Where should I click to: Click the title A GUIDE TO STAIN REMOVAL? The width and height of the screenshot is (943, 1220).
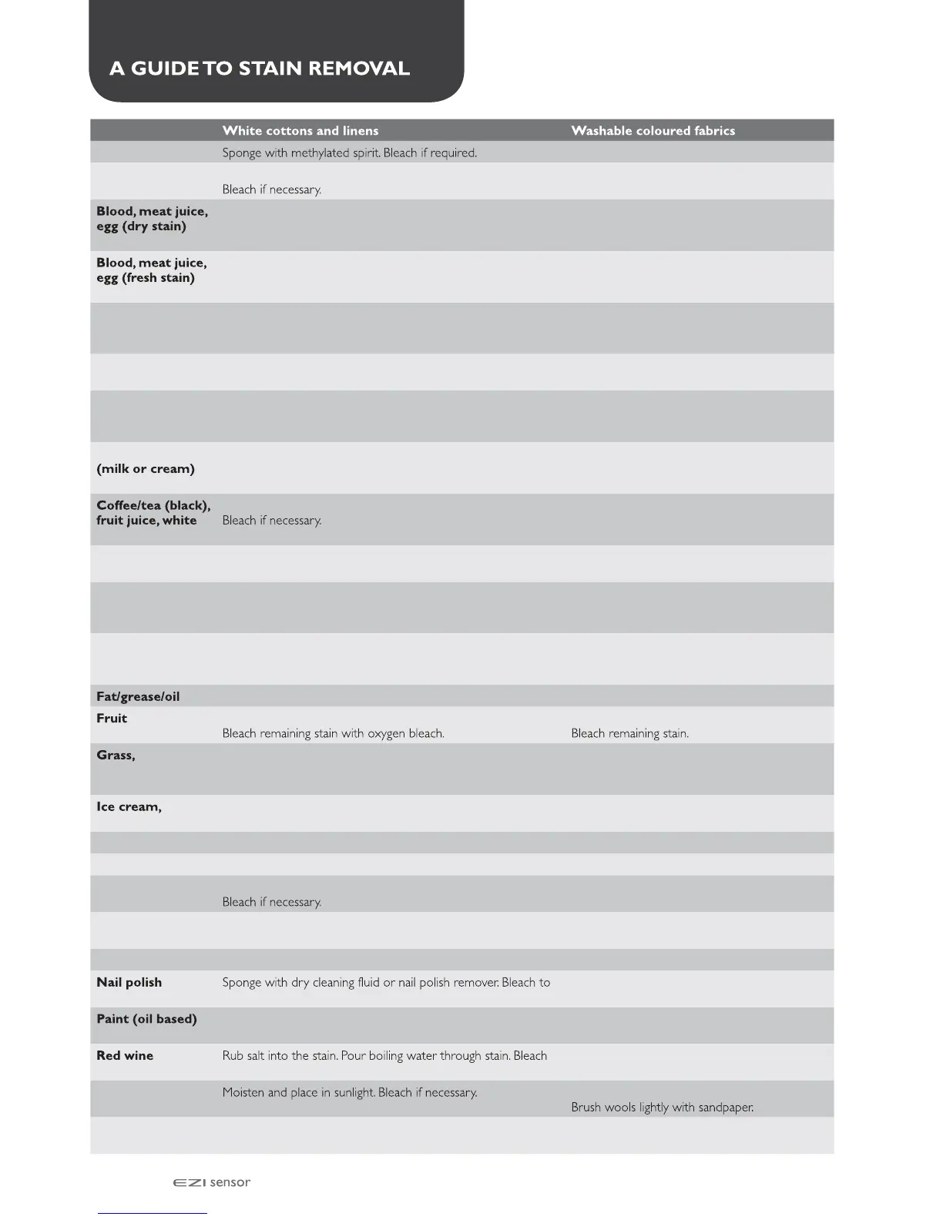click(x=260, y=69)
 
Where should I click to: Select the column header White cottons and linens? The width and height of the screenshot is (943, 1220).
click(x=300, y=131)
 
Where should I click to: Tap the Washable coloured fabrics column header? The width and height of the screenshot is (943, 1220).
click(x=653, y=131)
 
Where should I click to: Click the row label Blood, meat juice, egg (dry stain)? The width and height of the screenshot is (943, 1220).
click(x=152, y=219)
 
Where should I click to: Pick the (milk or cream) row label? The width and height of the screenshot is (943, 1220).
click(x=146, y=469)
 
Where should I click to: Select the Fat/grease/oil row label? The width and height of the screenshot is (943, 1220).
click(x=138, y=697)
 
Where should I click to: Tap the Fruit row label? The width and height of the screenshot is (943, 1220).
click(x=112, y=719)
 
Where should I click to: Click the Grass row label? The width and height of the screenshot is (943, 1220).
click(x=116, y=756)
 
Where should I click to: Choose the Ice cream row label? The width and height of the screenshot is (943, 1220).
click(x=129, y=807)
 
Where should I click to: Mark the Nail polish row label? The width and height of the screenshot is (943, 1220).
click(x=129, y=983)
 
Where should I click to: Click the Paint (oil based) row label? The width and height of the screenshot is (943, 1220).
click(x=146, y=1019)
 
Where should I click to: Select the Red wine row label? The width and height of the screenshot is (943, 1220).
click(x=125, y=1056)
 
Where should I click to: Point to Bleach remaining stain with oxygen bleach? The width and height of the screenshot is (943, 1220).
click(x=333, y=734)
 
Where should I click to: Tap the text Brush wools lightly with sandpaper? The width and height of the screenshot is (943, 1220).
click(x=662, y=1108)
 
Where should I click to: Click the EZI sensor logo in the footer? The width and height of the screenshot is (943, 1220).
click(x=212, y=1183)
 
